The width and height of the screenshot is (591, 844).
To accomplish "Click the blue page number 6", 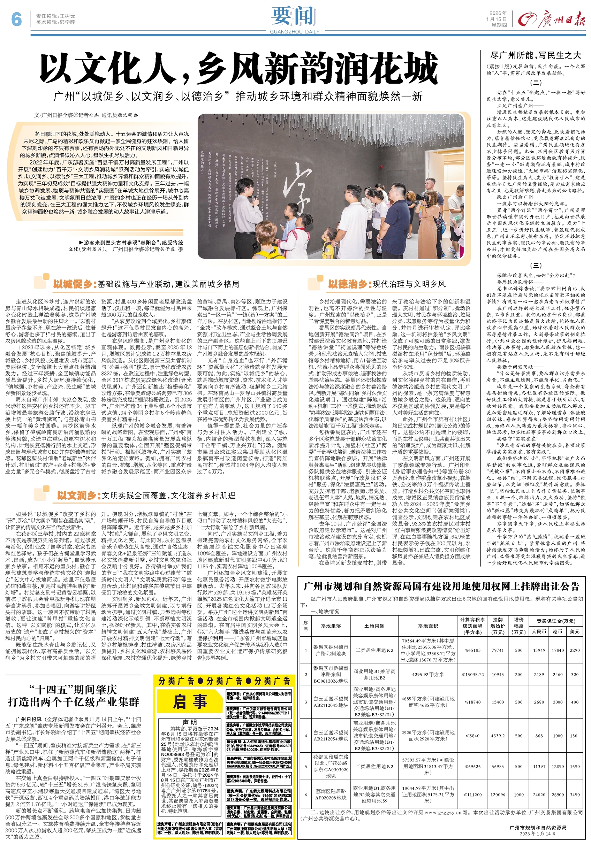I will click(16, 19).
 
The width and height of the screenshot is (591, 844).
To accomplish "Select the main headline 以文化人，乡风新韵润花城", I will click(239, 69).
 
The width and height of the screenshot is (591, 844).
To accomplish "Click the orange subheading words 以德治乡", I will click(348, 284).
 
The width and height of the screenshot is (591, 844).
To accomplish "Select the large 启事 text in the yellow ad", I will click(190, 701).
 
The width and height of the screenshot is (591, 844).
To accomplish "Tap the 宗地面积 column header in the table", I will click(428, 626).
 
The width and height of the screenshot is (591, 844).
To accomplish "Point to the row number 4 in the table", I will click(306, 736).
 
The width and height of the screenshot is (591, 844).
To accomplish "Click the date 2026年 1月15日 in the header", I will click(498, 16).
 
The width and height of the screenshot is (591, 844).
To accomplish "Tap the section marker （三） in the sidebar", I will click(536, 266).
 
